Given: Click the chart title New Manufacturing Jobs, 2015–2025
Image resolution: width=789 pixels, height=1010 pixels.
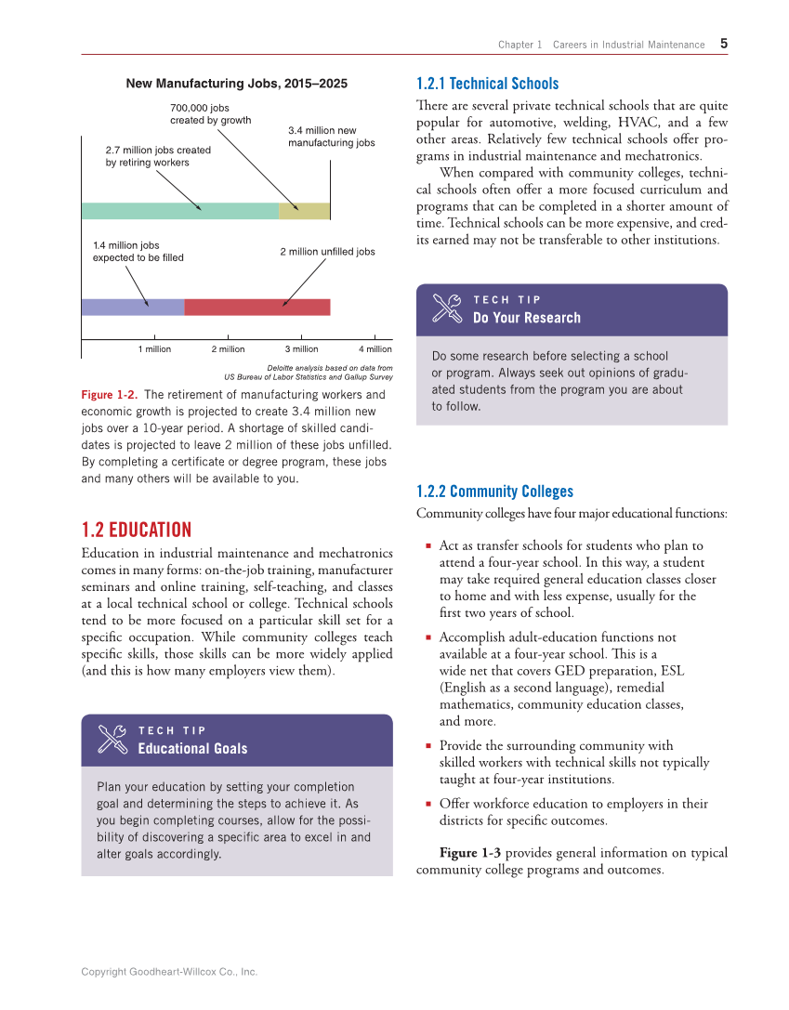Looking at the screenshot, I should click(x=236, y=84).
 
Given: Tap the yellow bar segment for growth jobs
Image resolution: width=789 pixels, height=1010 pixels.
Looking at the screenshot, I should click(x=304, y=211).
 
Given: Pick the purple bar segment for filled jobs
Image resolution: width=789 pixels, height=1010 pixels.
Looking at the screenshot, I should click(x=133, y=308).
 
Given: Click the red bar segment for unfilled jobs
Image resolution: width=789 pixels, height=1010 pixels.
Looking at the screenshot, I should click(x=257, y=308).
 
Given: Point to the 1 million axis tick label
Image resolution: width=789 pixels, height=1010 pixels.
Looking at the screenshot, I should click(x=155, y=349).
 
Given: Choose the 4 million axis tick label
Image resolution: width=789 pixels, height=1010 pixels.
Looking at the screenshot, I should click(x=375, y=349).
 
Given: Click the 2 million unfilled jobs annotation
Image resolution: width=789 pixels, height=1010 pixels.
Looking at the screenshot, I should click(x=327, y=252).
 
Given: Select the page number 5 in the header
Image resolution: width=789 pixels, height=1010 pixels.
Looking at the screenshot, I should click(x=724, y=44).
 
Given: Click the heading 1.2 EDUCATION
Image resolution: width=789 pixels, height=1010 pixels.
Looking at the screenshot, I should click(x=137, y=530).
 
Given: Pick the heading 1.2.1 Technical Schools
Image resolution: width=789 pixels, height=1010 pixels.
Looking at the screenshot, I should click(x=487, y=84).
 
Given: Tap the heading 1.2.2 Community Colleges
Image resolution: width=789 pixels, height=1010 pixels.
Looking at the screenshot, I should click(x=494, y=492).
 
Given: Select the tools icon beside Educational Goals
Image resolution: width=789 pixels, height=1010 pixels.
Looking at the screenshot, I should click(x=112, y=740).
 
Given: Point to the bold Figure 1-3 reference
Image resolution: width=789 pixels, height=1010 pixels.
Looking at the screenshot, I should click(x=470, y=853).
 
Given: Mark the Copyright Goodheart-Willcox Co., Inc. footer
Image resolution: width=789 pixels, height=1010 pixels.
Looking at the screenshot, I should click(x=169, y=972).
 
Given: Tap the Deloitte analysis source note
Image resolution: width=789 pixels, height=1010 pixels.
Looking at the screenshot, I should click(x=309, y=373).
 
